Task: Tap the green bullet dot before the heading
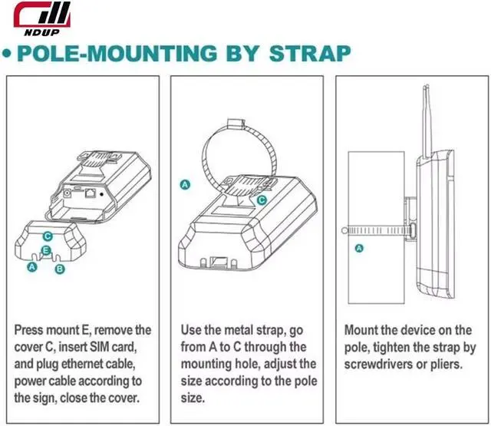click(8, 55)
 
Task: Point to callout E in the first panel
click(47, 251)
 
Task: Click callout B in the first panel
click(61, 269)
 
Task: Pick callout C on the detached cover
click(48, 236)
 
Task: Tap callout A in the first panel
click(31, 267)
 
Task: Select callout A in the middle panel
click(184, 184)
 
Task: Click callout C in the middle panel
click(262, 200)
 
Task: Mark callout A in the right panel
click(358, 249)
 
